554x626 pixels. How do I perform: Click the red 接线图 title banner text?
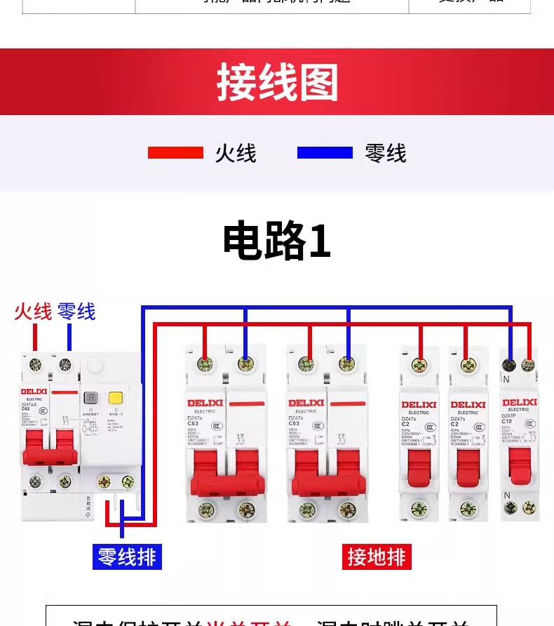pos(277,83)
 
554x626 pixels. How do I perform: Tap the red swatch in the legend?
pos(175,153)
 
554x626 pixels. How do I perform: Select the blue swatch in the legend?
pos(325,153)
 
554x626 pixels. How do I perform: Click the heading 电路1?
pos(276,241)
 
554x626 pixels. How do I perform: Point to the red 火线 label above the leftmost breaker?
pos(33,312)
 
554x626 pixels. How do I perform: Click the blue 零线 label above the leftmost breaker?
pos(76,312)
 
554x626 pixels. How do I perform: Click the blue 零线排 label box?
pos(127,557)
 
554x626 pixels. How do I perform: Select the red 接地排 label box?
pos(377,557)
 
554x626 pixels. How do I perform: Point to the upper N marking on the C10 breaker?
pos(506,380)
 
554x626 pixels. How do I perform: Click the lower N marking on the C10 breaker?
pos(506,495)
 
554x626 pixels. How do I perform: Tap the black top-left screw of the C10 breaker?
pos(511,364)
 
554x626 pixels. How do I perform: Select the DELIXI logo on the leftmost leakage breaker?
pos(33,391)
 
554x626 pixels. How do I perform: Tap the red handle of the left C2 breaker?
pos(419,467)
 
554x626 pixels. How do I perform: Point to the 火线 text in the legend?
pos(236,153)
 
